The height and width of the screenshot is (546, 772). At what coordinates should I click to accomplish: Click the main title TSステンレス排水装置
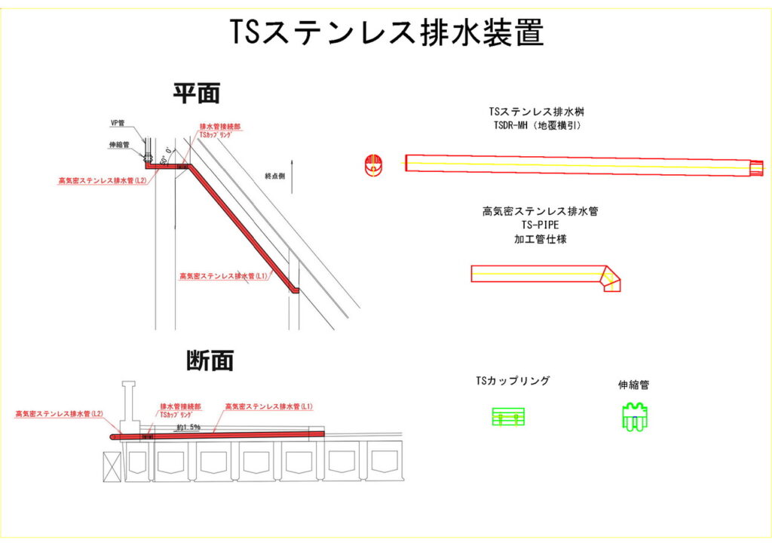(x=386, y=34)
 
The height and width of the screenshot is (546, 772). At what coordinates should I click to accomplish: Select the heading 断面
(x=210, y=360)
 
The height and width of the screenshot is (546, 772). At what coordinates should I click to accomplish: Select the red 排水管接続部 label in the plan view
(x=219, y=127)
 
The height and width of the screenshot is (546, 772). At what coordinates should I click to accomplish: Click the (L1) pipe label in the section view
(x=268, y=406)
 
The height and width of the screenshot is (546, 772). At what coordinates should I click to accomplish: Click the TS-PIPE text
(x=540, y=225)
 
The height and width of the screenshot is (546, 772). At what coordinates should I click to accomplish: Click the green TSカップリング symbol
(x=508, y=416)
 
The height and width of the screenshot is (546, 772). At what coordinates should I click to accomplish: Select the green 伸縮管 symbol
(x=634, y=417)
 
